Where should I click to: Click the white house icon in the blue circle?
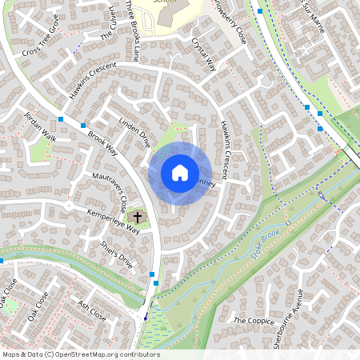pyautogui.click(x=179, y=173)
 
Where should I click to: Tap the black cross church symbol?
pyautogui.click(x=138, y=217)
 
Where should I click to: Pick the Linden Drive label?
pyautogui.click(x=134, y=134)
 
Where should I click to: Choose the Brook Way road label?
pyautogui.click(x=103, y=143)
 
